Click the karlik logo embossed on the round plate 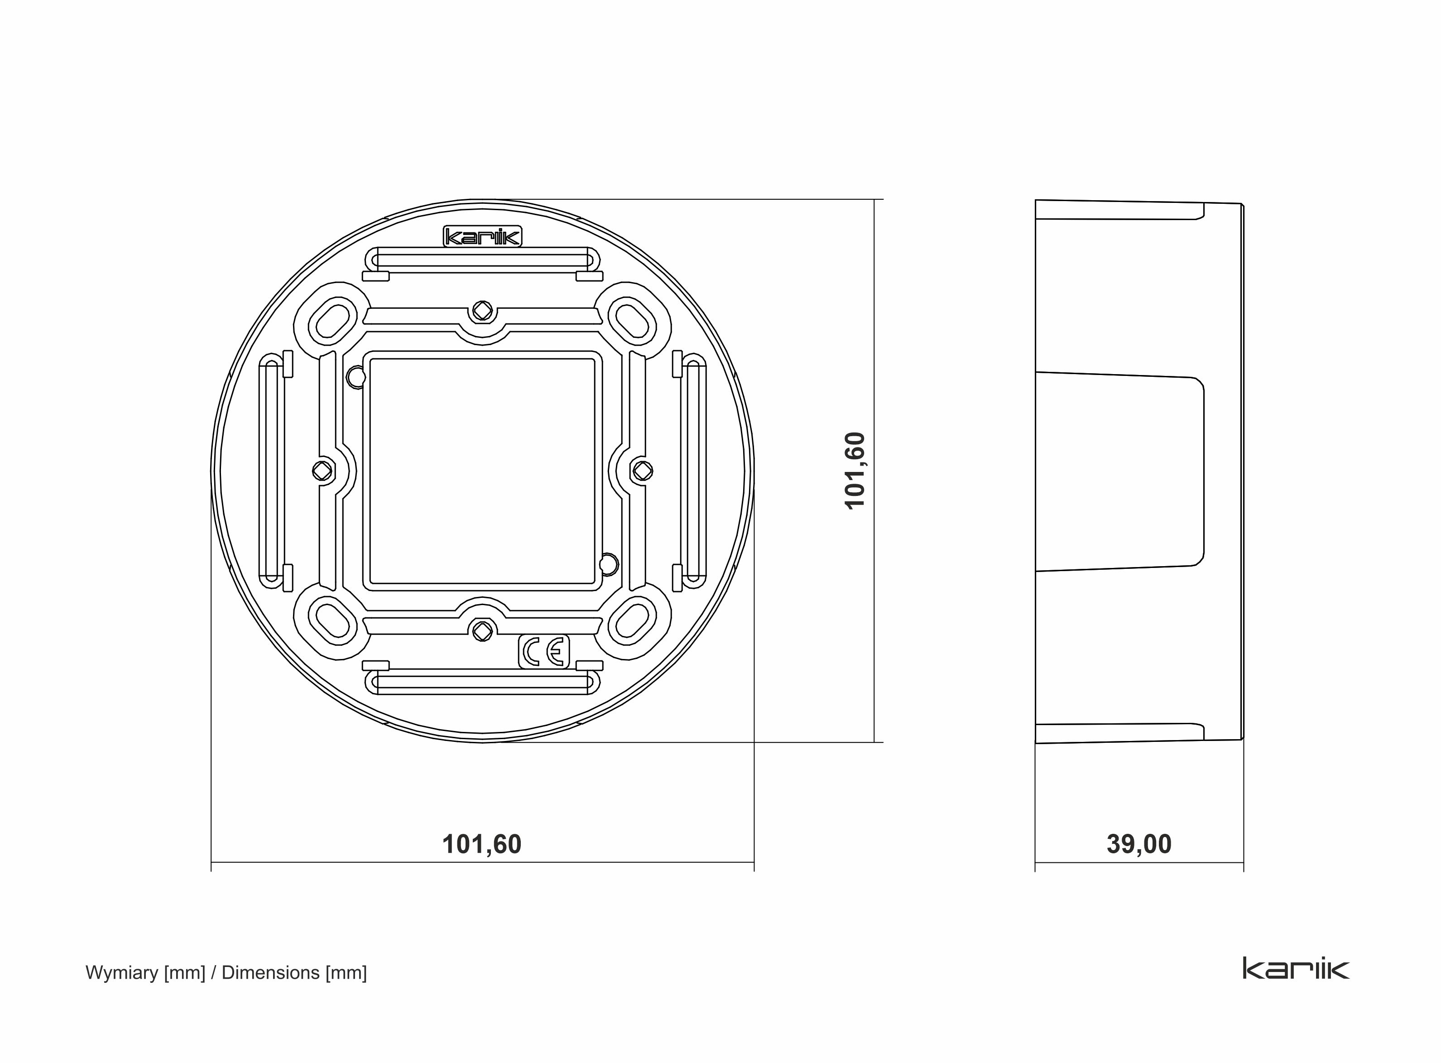tap(482, 237)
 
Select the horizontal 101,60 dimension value tap(482, 844)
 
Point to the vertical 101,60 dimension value tap(855, 471)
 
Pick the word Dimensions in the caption tap(271, 972)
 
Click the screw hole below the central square tap(482, 631)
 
